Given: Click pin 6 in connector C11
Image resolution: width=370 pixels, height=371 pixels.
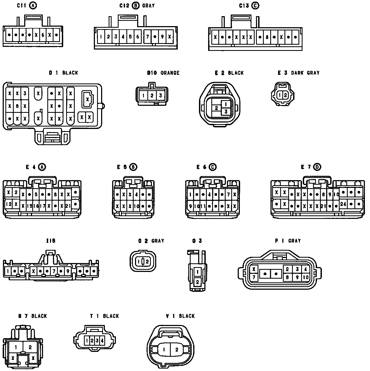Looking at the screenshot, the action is point(43,35).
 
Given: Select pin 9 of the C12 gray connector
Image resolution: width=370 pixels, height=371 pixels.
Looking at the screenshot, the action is point(162,37).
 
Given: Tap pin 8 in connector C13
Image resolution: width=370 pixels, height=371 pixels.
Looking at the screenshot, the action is point(267,37).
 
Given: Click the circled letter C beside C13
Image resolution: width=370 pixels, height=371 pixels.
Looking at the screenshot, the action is point(255,6).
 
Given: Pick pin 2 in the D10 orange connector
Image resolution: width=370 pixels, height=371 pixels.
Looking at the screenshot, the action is point(152,96).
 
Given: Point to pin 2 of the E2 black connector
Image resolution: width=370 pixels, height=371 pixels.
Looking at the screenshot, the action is point(216,108).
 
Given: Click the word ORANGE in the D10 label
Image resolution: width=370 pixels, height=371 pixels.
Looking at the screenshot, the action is point(170,73).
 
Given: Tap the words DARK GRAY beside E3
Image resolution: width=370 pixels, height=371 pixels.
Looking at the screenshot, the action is point(305,73).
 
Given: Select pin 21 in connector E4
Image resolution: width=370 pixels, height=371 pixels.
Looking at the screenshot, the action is point(68,206).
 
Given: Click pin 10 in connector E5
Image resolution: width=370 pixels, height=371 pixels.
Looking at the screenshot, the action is point(136,206).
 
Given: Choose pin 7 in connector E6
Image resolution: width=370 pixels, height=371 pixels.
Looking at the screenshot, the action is point(228,194).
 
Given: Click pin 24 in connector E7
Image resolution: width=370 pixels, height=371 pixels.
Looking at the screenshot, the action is point(343,204).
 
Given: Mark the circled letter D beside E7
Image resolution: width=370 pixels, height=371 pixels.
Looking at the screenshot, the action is point(317,167).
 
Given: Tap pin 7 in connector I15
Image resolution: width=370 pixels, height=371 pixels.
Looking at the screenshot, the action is point(54,271).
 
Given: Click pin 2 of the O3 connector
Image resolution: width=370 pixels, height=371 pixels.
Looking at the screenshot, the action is point(197,282).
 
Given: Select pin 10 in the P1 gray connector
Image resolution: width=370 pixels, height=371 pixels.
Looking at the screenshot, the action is point(305,277).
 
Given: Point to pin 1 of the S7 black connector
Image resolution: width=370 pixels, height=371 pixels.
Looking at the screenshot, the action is point(16,347).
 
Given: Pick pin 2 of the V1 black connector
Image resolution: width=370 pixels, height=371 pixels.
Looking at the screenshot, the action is point(177,350).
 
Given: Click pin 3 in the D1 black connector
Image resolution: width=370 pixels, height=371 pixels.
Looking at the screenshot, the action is point(25,93).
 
